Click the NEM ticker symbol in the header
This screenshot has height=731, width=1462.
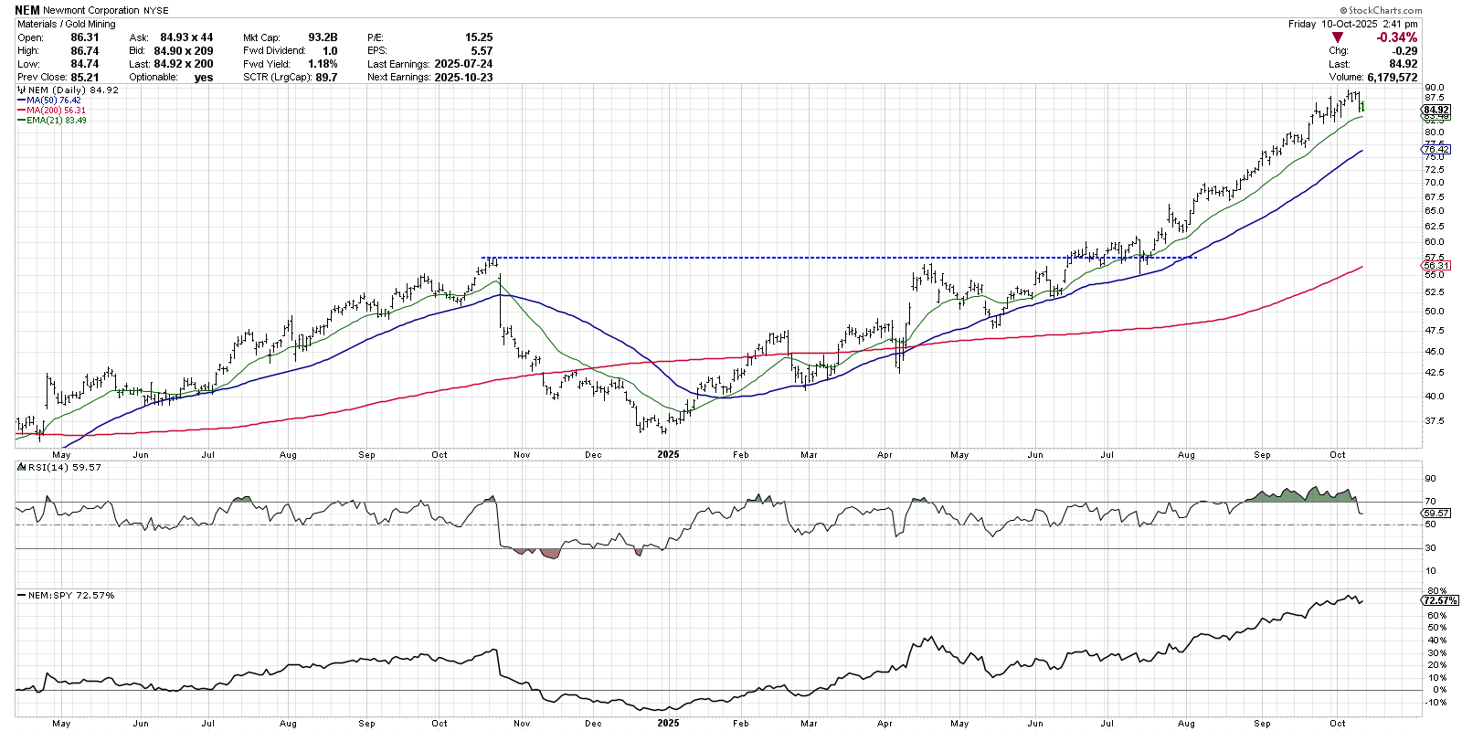click(x=27, y=10)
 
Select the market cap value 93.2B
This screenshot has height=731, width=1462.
click(x=323, y=37)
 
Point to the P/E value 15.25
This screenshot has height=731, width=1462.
click(x=479, y=37)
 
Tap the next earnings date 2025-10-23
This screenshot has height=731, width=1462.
click(x=463, y=77)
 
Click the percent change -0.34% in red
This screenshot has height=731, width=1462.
click(x=1397, y=37)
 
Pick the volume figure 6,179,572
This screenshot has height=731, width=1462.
click(x=1393, y=77)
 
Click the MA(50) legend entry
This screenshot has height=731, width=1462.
click(x=54, y=101)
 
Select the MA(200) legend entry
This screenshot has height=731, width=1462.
click(x=57, y=111)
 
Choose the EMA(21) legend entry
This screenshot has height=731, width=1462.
click(x=57, y=121)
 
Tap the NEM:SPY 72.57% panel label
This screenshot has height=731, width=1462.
click(x=71, y=595)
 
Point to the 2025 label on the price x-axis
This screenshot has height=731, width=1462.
click(x=668, y=454)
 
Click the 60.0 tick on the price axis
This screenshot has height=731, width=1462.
click(x=1434, y=242)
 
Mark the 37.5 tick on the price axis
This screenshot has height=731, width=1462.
click(x=1434, y=421)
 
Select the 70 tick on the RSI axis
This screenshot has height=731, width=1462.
click(x=1430, y=502)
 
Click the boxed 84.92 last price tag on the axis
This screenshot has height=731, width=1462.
click(x=1436, y=110)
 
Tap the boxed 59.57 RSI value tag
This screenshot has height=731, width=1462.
click(x=1436, y=514)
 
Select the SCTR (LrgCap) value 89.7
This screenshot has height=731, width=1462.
click(x=325, y=77)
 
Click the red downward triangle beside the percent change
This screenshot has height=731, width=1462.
click(x=1338, y=37)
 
